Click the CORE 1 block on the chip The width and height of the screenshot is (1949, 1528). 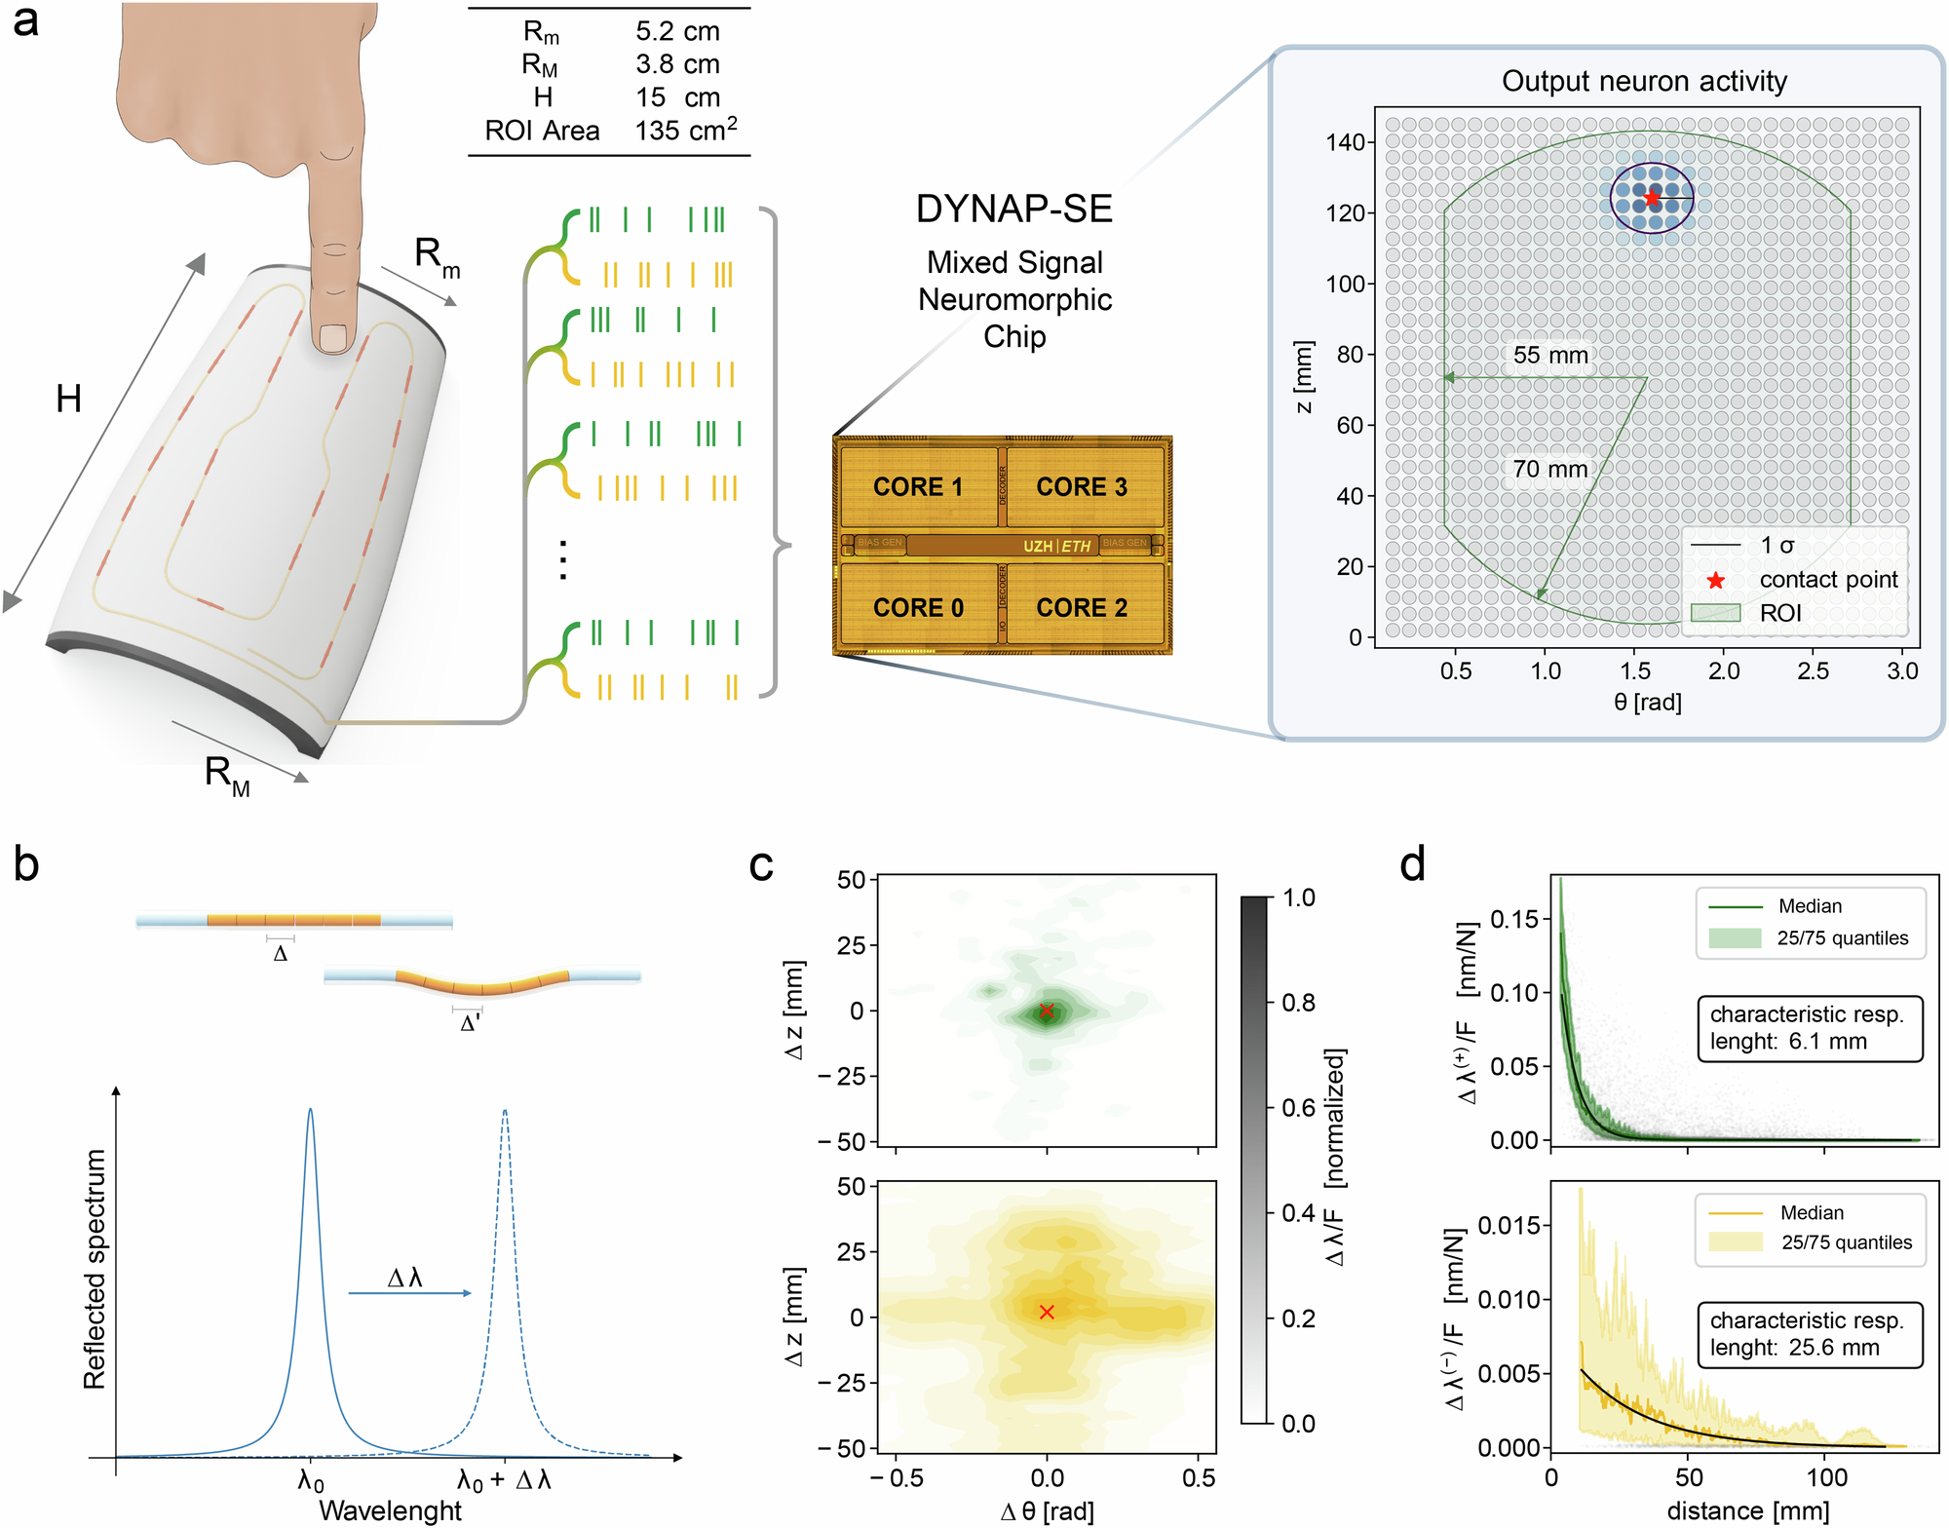pyautogui.click(x=918, y=486)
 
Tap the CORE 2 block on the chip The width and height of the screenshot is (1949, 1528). pyautogui.click(x=1082, y=607)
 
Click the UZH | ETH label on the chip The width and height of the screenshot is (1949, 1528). pyautogui.click(x=1056, y=546)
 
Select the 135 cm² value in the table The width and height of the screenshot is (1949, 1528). pyautogui.click(x=685, y=130)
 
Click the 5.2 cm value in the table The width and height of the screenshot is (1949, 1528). pyautogui.click(x=677, y=31)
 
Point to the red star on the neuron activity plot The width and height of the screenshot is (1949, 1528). pyautogui.click(x=1652, y=198)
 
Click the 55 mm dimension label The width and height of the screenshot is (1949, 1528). pyautogui.click(x=1549, y=355)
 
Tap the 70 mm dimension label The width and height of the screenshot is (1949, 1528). pyautogui.click(x=1549, y=469)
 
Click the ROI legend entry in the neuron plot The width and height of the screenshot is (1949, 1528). pyautogui.click(x=1779, y=613)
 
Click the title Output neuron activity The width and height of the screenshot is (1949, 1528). pyautogui.click(x=1644, y=81)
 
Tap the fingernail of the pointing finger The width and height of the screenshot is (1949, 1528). pyautogui.click(x=334, y=337)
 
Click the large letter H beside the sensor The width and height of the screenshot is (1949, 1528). pyautogui.click(x=68, y=399)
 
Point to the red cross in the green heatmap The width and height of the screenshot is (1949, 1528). pyautogui.click(x=1046, y=1011)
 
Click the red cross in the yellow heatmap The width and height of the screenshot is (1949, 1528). pyautogui.click(x=1046, y=1313)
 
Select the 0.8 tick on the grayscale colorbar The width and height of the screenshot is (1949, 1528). pyautogui.click(x=1299, y=1003)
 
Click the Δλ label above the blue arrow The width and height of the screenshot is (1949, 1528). pyautogui.click(x=404, y=1278)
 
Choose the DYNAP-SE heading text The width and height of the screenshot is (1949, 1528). pyautogui.click(x=1013, y=209)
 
